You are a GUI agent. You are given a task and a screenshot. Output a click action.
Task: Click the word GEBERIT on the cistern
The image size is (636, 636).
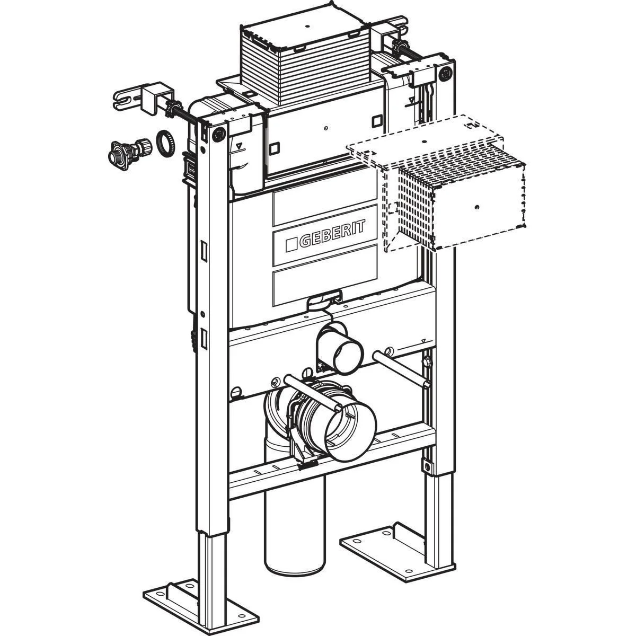coord(333,234)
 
